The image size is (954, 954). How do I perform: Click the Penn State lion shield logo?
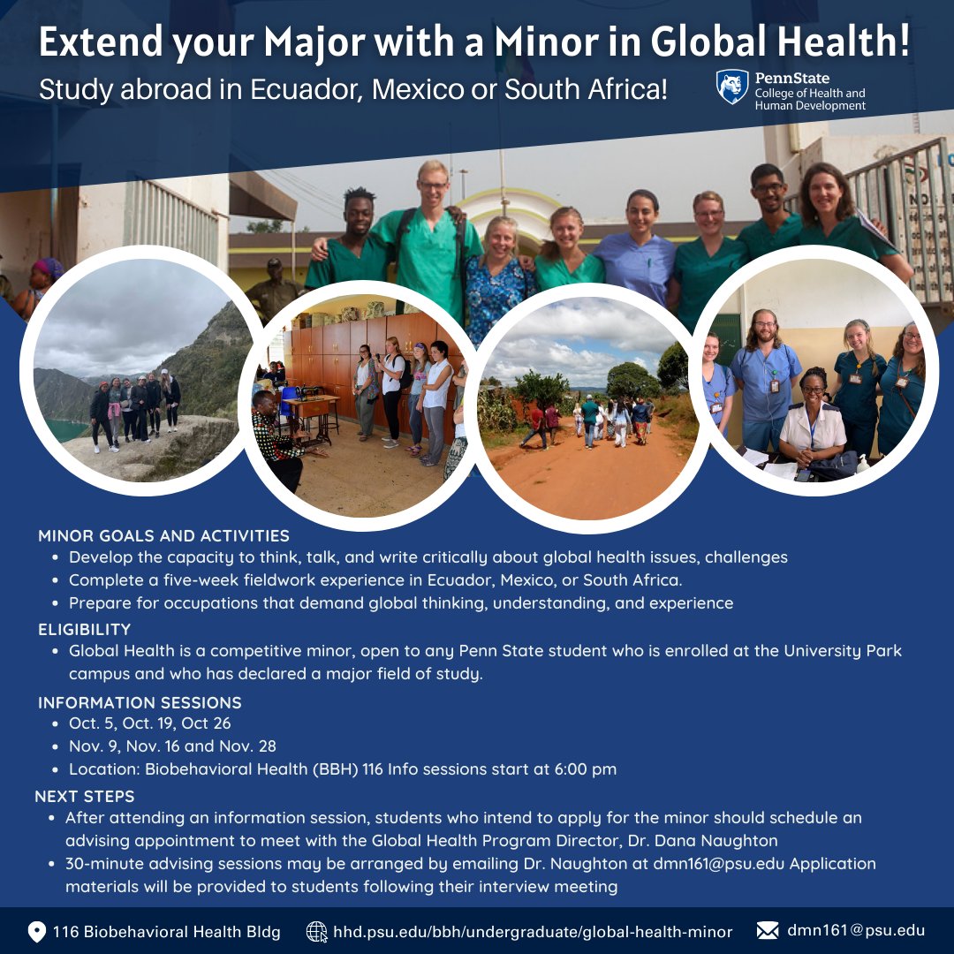tap(732, 87)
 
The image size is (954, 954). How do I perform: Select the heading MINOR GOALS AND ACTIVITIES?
tap(163, 535)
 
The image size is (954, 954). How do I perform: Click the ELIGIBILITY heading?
tap(84, 629)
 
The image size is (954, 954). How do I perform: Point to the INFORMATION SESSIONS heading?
tap(140, 703)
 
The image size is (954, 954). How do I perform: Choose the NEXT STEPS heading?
tap(85, 796)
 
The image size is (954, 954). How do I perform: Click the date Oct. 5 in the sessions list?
tap(91, 723)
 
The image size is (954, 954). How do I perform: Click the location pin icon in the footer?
tap(37, 931)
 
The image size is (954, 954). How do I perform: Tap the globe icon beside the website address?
tap(316, 931)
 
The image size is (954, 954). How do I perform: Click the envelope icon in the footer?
tap(768, 931)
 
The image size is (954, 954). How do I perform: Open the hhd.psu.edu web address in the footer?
tap(533, 931)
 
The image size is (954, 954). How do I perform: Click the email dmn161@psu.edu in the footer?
tap(856, 930)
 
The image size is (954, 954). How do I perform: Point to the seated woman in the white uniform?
tap(813, 424)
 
